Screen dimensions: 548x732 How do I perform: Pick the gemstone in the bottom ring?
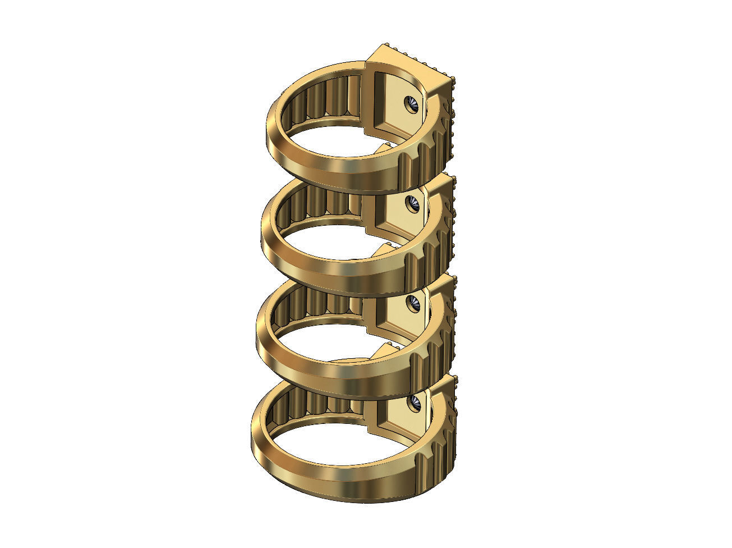(x=416, y=402)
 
